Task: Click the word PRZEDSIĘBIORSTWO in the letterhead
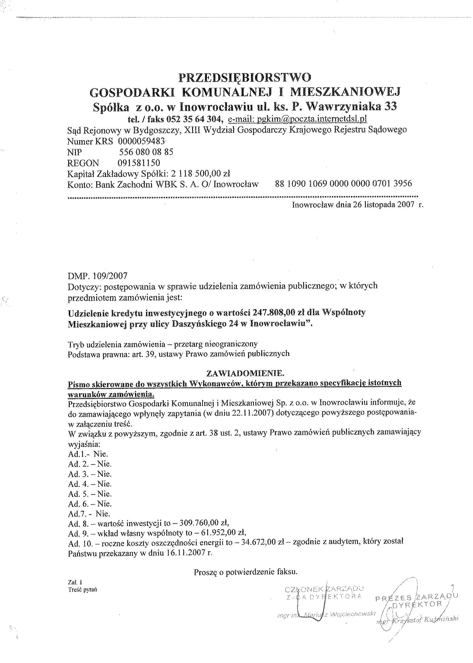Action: coord(245,78)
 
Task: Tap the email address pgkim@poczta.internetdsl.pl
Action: coord(297,119)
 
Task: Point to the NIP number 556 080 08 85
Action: coord(146,152)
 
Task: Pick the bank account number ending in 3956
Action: coord(343,184)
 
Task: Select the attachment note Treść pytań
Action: coord(82,590)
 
